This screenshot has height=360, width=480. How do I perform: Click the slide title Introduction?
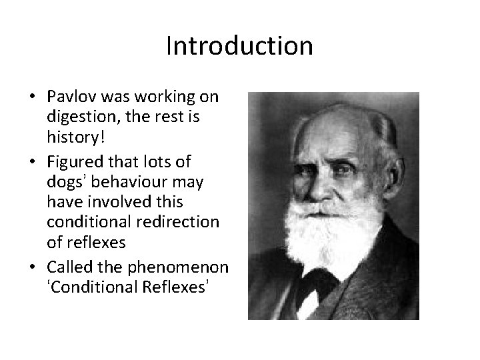click(239, 46)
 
